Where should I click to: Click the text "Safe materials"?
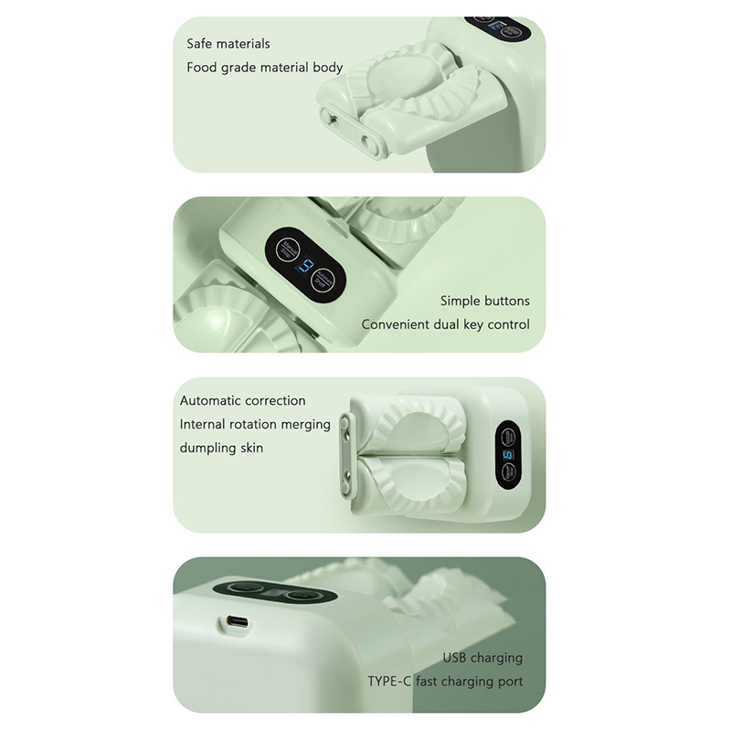pos(228,44)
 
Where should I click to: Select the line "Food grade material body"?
pos(265,68)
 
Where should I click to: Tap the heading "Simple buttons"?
pos(485,301)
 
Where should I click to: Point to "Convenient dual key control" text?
pos(445,324)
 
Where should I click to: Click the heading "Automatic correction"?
pos(243,400)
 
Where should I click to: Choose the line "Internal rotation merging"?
pos(255,424)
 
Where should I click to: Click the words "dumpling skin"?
pos(221,448)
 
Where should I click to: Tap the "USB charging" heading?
pos(482,658)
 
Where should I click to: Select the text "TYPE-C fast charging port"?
pos(445,682)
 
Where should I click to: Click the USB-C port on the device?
pos(238,622)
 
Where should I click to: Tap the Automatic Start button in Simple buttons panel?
pos(323,281)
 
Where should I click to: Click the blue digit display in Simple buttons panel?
pos(305,266)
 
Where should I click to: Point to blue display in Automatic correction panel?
pos(507,454)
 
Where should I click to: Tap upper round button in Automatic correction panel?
pos(508,438)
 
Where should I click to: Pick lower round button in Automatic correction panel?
pos(508,472)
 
